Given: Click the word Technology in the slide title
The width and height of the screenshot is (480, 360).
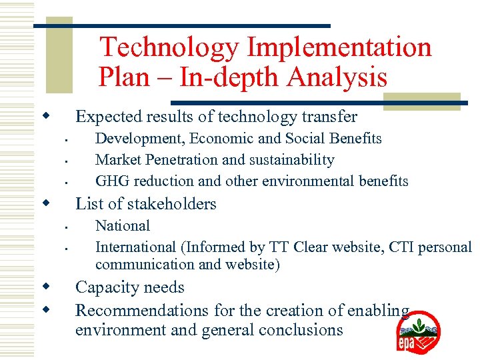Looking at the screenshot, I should [169, 48].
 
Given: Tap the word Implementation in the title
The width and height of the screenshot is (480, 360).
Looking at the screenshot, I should [339, 48].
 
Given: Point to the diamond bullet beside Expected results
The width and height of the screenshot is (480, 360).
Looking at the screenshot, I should [47, 117].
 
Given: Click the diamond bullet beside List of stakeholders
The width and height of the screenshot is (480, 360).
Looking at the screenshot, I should [47, 203].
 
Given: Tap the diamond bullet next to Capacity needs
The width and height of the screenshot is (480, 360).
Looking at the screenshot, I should [47, 287].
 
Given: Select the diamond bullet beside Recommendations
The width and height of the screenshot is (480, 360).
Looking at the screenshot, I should [47, 309].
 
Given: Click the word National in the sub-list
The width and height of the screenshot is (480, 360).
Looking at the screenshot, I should [123, 226].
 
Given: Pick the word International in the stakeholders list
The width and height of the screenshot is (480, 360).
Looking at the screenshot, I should [135, 247].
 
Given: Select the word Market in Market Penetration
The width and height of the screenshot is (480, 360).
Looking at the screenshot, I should [117, 160].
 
